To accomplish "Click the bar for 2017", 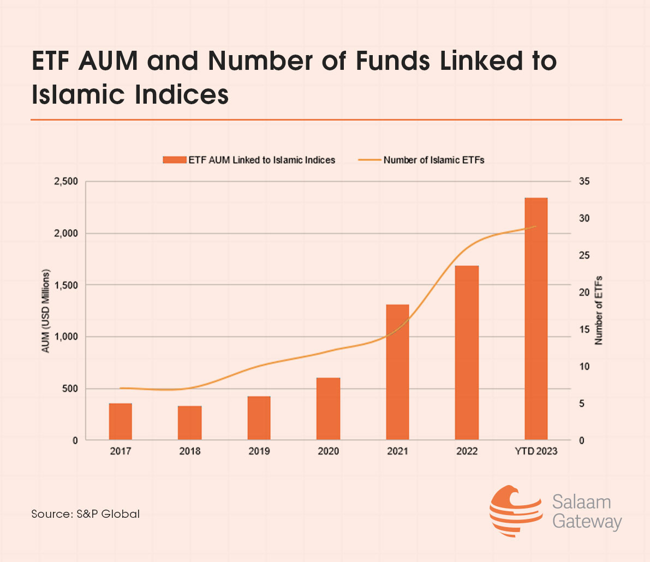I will pyautogui.click(x=120, y=421).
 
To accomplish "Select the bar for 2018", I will pyautogui.click(x=189, y=423).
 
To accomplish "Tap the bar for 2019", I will pyautogui.click(x=259, y=418).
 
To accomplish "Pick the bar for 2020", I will pyautogui.click(x=328, y=409).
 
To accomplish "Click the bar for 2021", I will pyautogui.click(x=397, y=372).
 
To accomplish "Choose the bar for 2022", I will pyautogui.click(x=467, y=352).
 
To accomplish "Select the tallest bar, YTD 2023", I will pyautogui.click(x=536, y=319).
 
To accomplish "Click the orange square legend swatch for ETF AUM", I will pyautogui.click(x=175, y=160).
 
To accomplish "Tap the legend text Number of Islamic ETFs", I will pyautogui.click(x=434, y=160).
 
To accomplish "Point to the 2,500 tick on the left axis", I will pyautogui.click(x=66, y=182).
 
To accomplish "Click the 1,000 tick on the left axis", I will pyautogui.click(x=66, y=337).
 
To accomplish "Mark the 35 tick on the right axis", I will pyautogui.click(x=585, y=182).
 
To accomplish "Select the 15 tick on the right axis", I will pyautogui.click(x=585, y=330).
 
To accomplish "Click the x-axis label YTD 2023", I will pyautogui.click(x=536, y=451).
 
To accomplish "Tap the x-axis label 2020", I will pyautogui.click(x=328, y=451).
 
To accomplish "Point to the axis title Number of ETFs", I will pyautogui.click(x=599, y=310).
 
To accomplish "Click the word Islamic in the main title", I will pyautogui.click(x=79, y=94).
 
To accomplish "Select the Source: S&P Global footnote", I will pyautogui.click(x=86, y=514).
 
